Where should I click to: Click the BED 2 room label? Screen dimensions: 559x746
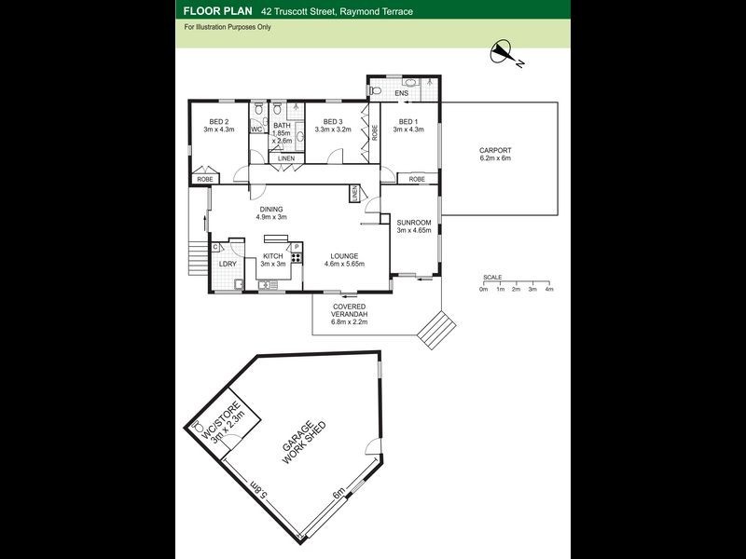click(x=219, y=122)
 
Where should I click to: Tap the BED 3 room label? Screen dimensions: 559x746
click(x=332, y=122)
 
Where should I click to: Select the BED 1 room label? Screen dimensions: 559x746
click(x=407, y=122)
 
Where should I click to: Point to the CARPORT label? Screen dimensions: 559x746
click(x=495, y=150)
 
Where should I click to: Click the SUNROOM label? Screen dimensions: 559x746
click(x=413, y=222)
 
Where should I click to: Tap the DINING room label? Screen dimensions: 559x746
click(x=272, y=210)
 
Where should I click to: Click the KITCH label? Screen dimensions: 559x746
click(x=272, y=255)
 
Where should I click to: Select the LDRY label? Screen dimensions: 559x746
click(x=227, y=263)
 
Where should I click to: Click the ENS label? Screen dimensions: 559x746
click(x=402, y=94)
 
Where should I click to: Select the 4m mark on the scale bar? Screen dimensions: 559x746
click(x=549, y=289)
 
